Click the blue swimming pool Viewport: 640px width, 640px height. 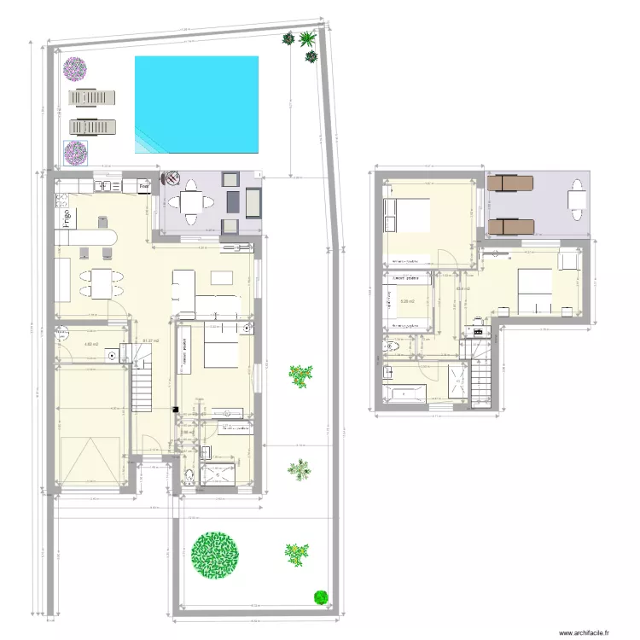tap(196, 105)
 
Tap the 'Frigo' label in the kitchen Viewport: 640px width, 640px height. tap(65, 218)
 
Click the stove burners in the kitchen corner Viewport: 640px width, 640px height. tap(61, 201)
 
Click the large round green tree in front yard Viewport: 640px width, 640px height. tap(213, 553)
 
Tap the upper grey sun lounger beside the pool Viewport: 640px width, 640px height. tap(91, 97)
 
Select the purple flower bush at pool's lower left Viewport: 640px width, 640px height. tap(76, 153)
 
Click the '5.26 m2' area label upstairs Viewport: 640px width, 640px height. tap(408, 300)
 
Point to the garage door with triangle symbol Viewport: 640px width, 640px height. tap(90, 460)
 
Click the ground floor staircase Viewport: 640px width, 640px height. tap(142, 384)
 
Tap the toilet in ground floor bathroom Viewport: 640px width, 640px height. tap(189, 474)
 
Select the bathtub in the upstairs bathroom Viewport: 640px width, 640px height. tap(404, 393)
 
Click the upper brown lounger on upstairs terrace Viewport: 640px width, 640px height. tap(510, 183)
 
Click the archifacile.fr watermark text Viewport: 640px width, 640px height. tap(585, 633)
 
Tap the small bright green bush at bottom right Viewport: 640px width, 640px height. tap(321, 596)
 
